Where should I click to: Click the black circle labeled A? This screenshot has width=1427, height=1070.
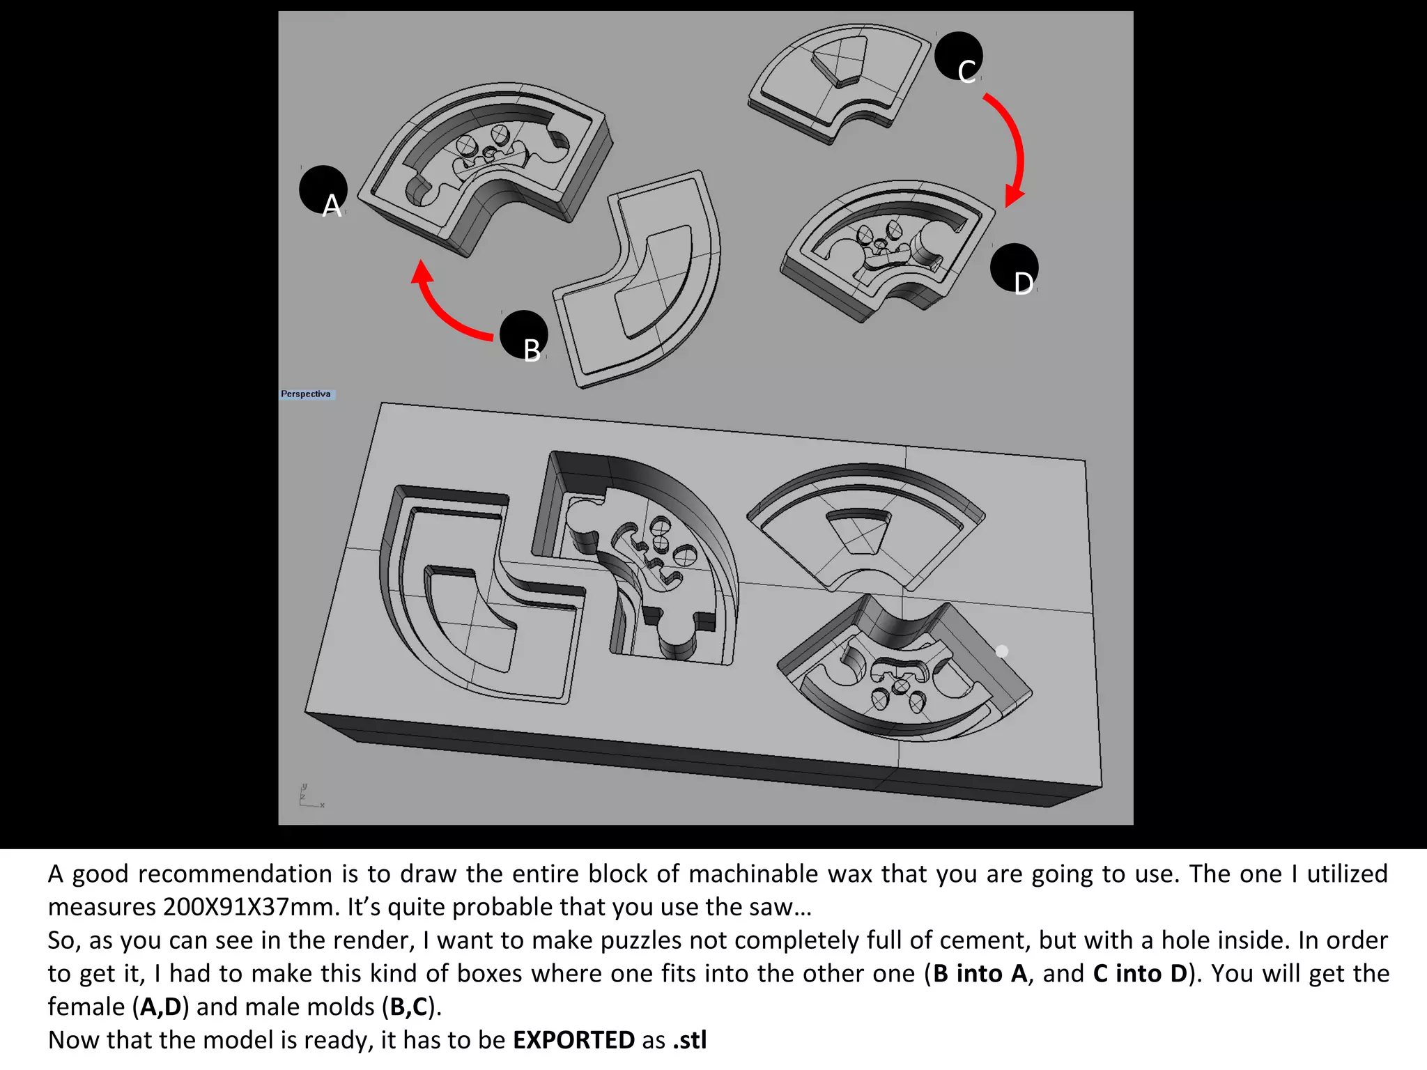323,190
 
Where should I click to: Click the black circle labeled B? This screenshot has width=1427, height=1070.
524,335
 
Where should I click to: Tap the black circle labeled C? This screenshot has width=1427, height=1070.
959,56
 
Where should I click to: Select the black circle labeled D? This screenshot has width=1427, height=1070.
1015,268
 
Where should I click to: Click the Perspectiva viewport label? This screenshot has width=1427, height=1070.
307,394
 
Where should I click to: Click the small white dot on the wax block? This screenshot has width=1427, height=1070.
1002,651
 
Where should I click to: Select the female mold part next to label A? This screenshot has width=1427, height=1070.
488,167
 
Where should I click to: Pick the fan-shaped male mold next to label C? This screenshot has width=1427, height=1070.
836,80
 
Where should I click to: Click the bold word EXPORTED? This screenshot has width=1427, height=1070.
573,1040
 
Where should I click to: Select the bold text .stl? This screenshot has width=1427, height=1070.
689,1040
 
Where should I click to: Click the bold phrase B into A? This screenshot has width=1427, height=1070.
980,974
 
